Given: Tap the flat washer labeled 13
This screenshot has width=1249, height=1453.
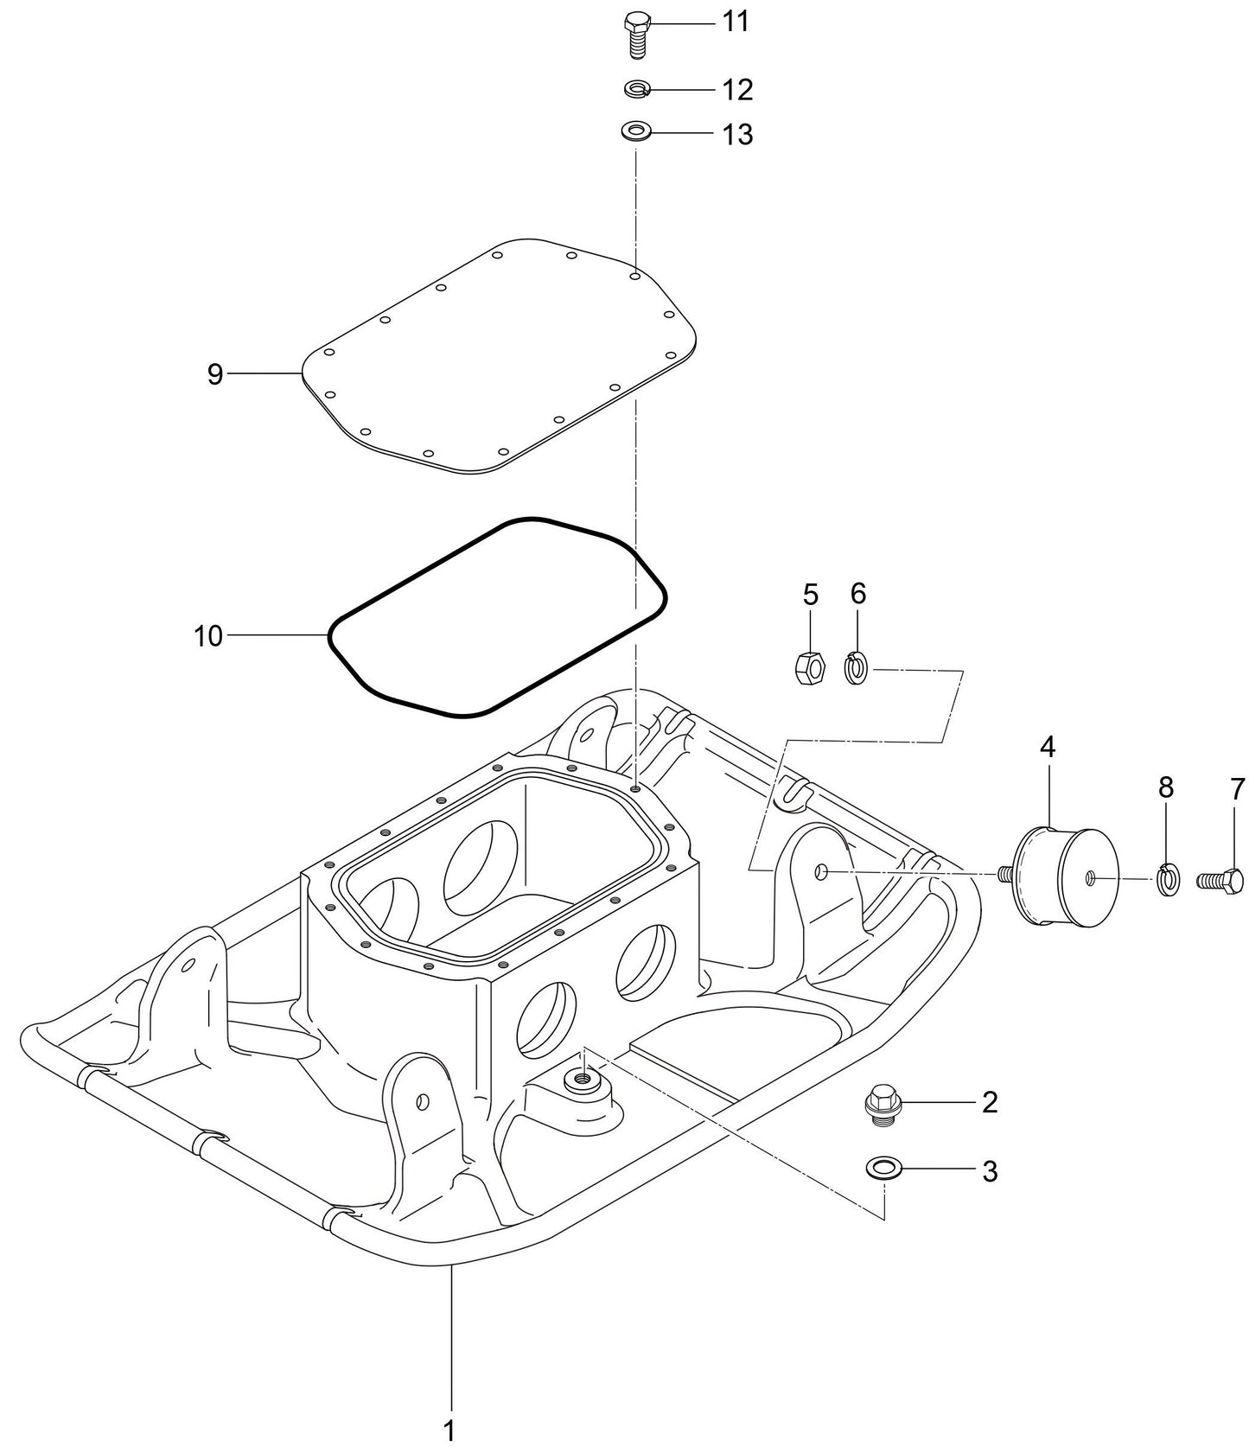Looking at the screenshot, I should pos(636,133).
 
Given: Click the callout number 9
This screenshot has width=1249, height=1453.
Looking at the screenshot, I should pos(215,374).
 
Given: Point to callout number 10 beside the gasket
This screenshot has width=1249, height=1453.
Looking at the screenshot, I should pos(208,636).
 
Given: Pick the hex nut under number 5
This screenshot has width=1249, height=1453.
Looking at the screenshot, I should pos(809,667).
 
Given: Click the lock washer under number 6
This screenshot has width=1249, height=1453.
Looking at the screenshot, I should pos(856,668).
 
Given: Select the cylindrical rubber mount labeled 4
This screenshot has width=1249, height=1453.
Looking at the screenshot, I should pos(1063,877).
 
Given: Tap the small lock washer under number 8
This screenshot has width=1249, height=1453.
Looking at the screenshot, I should pos(1167,881).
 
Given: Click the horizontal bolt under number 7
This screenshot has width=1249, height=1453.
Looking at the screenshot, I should pos(1220,881).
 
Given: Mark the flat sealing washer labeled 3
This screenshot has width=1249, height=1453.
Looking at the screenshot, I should pos(883,1169).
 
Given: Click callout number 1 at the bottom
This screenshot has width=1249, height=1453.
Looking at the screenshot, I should pos(449,1430).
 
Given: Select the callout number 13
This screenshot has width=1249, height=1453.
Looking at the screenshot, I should pos(737,135).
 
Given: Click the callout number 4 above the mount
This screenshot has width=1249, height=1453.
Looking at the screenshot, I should pos(1047,747).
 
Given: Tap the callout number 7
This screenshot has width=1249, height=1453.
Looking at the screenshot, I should pos(1237,788).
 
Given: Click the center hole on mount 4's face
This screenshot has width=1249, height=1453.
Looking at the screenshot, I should pos(1091,878).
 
